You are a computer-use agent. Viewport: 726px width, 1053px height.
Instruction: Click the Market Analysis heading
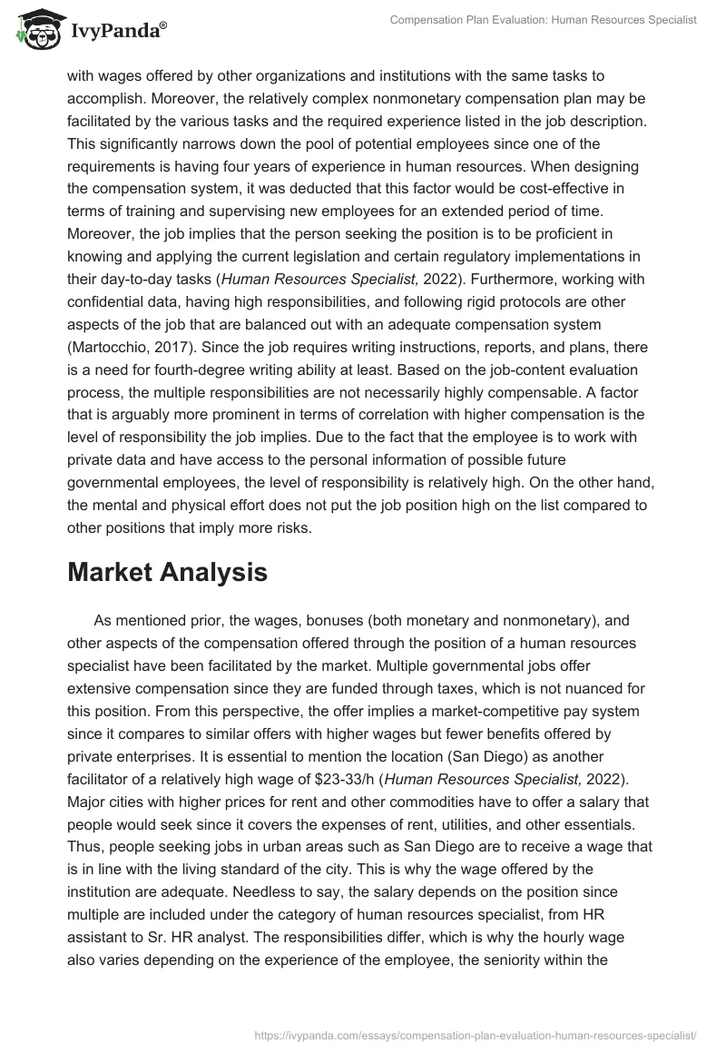(167, 573)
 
